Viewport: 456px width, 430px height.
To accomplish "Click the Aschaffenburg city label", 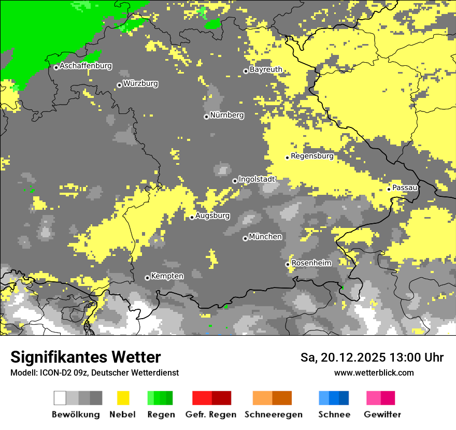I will (x=85, y=66).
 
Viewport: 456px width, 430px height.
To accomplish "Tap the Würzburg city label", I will (x=140, y=83).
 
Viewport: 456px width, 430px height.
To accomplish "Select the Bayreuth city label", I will (x=266, y=69).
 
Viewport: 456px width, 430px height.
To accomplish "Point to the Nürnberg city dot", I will (x=206, y=117).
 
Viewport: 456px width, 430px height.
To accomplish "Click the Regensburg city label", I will (x=312, y=156).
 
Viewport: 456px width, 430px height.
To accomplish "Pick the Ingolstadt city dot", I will (x=235, y=181).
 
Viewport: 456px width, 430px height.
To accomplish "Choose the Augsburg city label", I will (x=212, y=216).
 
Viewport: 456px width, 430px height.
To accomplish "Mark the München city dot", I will (x=245, y=238).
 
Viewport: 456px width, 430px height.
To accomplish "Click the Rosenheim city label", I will (x=311, y=263).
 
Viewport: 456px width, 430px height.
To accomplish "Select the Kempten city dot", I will (x=147, y=278).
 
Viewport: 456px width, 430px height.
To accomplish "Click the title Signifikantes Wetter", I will (x=85, y=357).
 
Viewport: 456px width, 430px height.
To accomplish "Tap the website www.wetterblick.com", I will (x=374, y=373).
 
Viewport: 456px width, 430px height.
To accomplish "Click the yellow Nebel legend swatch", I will (x=123, y=398).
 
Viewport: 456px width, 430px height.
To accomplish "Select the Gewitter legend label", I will (x=382, y=415).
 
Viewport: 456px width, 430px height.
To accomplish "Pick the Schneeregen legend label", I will (x=274, y=415).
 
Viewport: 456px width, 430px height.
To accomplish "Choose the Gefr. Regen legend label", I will (x=210, y=415).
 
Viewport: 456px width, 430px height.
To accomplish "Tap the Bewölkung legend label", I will (x=76, y=415).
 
